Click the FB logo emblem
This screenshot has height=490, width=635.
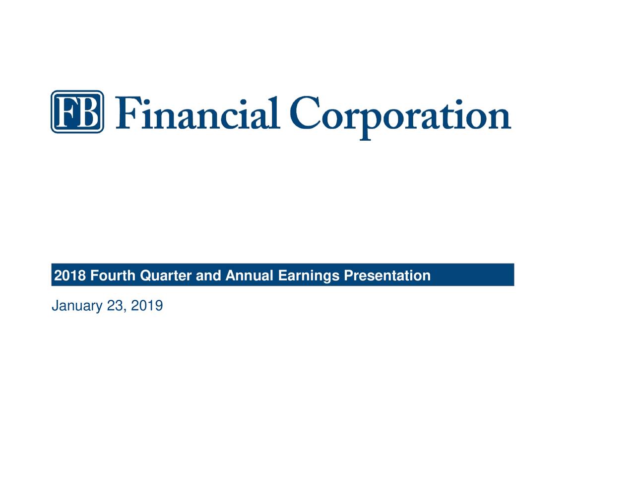tap(77, 112)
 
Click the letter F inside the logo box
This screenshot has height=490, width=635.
tap(66, 112)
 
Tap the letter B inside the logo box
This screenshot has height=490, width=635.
tap(87, 112)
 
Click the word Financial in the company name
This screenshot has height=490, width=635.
tap(197, 113)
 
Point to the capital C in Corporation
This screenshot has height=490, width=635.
tap(305, 112)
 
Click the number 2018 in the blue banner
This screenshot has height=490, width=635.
tap(70, 275)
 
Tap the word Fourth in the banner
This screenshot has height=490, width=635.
tap(113, 275)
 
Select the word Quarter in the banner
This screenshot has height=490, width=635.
tap(166, 276)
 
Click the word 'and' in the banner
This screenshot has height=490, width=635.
tap(208, 275)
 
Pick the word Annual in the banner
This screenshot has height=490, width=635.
tap(249, 275)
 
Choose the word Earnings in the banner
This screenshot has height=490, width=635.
tap(309, 276)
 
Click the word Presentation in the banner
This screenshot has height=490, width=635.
tap(387, 275)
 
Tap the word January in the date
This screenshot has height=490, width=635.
tap(77, 306)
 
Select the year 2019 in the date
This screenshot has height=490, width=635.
tap(147, 306)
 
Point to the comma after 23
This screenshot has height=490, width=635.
tap(126, 311)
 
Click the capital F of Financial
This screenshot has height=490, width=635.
tap(128, 113)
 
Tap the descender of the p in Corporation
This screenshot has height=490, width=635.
tap(365, 135)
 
